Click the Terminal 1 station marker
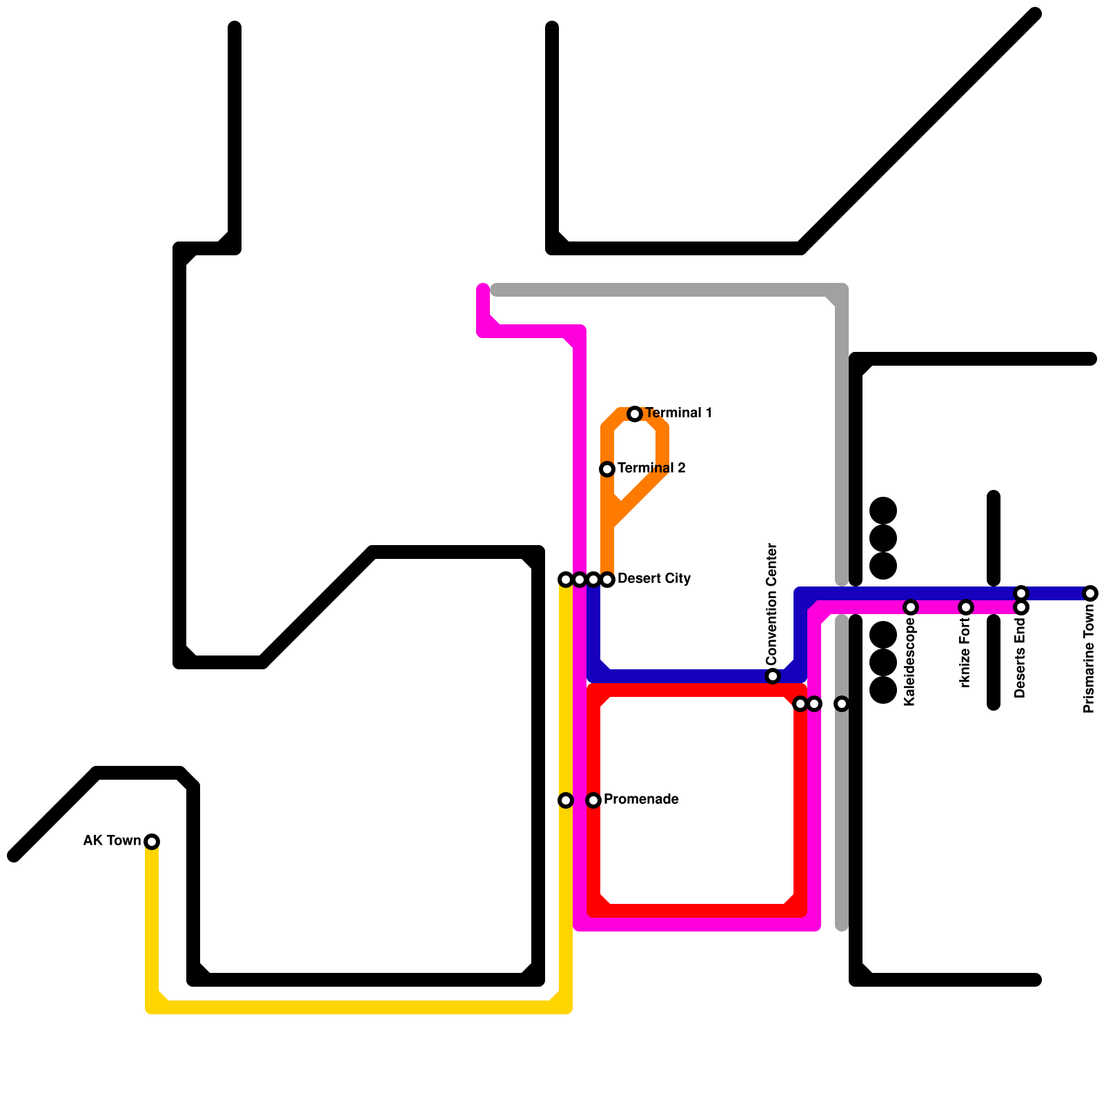pyautogui.click(x=635, y=414)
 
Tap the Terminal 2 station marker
pyautogui.click(x=607, y=469)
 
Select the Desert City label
pyautogui.click(x=653, y=578)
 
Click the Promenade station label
pyautogui.click(x=640, y=799)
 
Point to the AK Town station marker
pyautogui.click(x=152, y=841)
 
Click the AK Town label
pyautogui.click(x=112, y=840)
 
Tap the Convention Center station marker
pyautogui.click(x=773, y=676)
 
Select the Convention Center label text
pyautogui.click(x=771, y=604)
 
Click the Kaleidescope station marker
pyautogui.click(x=911, y=607)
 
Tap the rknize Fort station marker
pyautogui.click(x=966, y=607)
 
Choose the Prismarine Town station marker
pyautogui.click(x=1090, y=593)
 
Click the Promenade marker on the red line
pyautogui.click(x=593, y=800)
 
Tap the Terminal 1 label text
pyautogui.click(x=678, y=413)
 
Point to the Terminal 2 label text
pyautogui.click(x=651, y=468)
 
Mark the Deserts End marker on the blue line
pyautogui.click(x=1021, y=593)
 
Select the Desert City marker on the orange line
pyautogui.click(x=607, y=580)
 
